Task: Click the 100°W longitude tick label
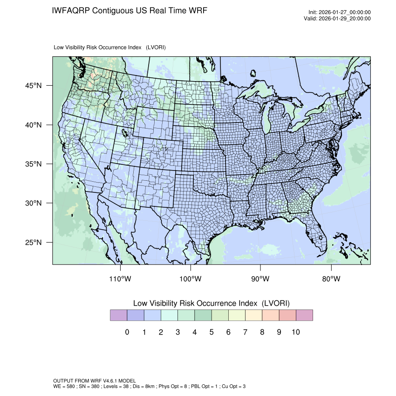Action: coord(191,279)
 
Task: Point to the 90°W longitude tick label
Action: coord(260,279)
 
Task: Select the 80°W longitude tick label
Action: coord(331,279)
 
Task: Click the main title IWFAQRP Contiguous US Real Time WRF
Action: coord(130,11)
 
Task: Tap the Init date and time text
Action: coord(340,13)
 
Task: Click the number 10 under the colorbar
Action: coord(295,332)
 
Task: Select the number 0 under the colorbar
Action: coord(127,332)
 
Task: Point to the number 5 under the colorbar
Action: coord(212,332)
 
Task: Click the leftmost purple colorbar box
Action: coord(118,315)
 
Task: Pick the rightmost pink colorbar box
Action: coord(304,315)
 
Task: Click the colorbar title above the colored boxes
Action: coord(212,303)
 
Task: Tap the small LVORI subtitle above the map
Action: coord(110,48)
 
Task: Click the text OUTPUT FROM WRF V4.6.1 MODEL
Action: coord(95,381)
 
